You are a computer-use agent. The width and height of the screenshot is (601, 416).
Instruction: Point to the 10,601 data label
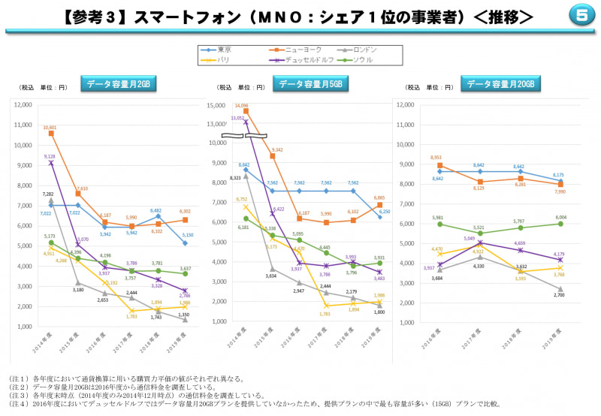click(50, 128)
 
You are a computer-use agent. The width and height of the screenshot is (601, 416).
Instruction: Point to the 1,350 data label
click(184, 315)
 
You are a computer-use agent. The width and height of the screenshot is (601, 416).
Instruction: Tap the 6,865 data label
click(379, 197)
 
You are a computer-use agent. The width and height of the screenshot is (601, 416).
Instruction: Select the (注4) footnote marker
click(17, 403)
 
